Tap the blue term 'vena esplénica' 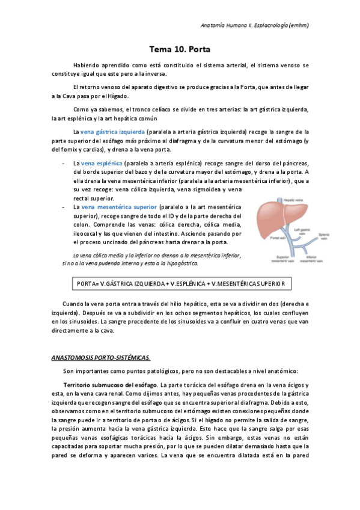click(102, 164)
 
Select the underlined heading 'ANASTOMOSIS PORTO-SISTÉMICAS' click(100, 357)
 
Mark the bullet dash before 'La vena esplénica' click(64, 164)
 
